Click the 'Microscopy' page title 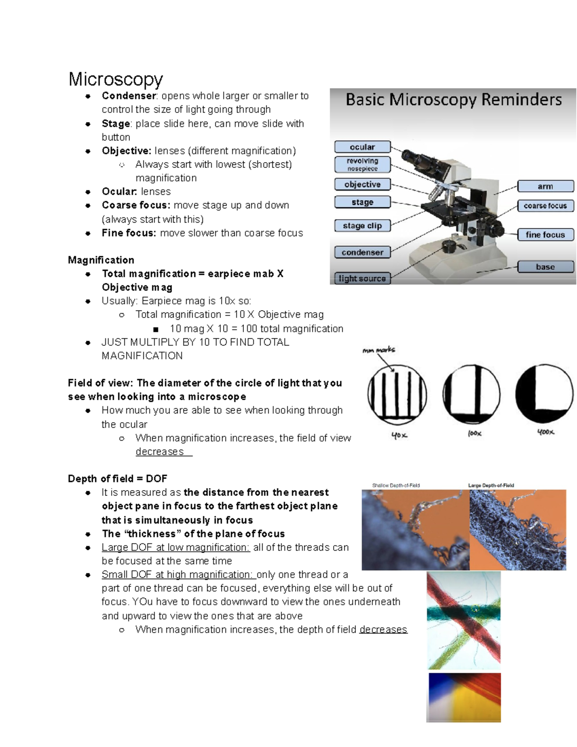(115, 80)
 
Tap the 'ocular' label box (363, 147)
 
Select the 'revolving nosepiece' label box (363, 165)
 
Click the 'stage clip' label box (363, 226)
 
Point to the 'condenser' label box (363, 253)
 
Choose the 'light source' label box (363, 279)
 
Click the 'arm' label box (545, 186)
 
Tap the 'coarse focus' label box (545, 205)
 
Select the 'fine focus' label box (545, 235)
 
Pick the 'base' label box (545, 267)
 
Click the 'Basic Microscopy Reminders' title (453, 100)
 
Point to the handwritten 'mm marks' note (379, 350)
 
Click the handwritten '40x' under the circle (399, 435)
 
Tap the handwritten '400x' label (546, 432)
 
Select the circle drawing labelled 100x (471, 394)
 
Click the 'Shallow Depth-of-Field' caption (396, 485)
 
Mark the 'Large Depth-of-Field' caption (491, 485)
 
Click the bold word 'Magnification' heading (101, 260)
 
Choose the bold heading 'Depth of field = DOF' (117, 479)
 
